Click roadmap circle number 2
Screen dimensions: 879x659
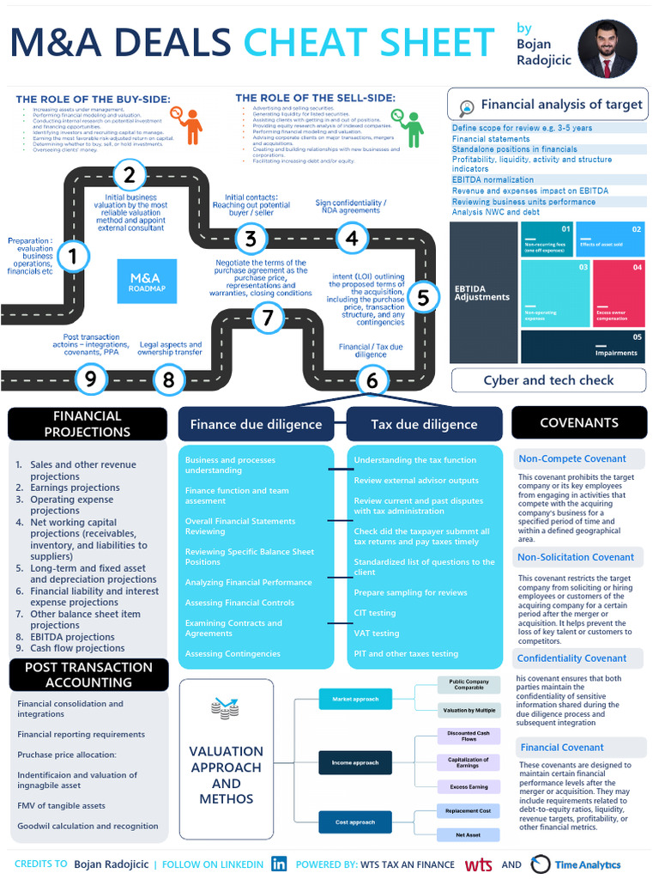point(129,176)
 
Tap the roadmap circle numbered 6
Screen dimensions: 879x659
point(372,379)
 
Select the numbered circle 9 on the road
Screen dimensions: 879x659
point(90,379)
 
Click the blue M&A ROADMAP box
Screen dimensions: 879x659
point(147,282)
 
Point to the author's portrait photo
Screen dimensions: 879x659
point(607,49)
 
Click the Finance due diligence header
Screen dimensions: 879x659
point(256,424)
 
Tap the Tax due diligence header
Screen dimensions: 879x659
point(424,424)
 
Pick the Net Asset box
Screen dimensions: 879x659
point(468,834)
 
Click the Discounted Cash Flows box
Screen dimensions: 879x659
point(468,737)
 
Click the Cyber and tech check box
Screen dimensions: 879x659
point(548,380)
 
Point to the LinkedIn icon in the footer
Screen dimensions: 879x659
point(279,864)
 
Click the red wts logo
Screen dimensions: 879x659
point(478,864)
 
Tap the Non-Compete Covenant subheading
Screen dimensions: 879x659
point(572,458)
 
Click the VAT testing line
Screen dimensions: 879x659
point(377,633)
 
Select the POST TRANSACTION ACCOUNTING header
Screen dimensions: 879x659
point(88,675)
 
